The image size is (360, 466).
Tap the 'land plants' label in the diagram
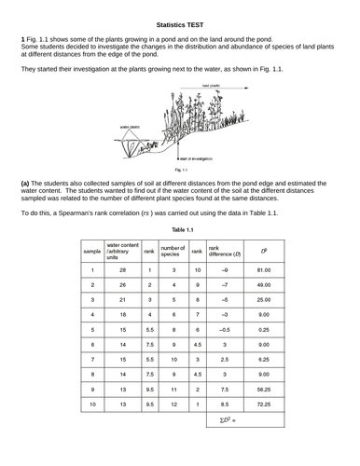(x=214, y=85)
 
